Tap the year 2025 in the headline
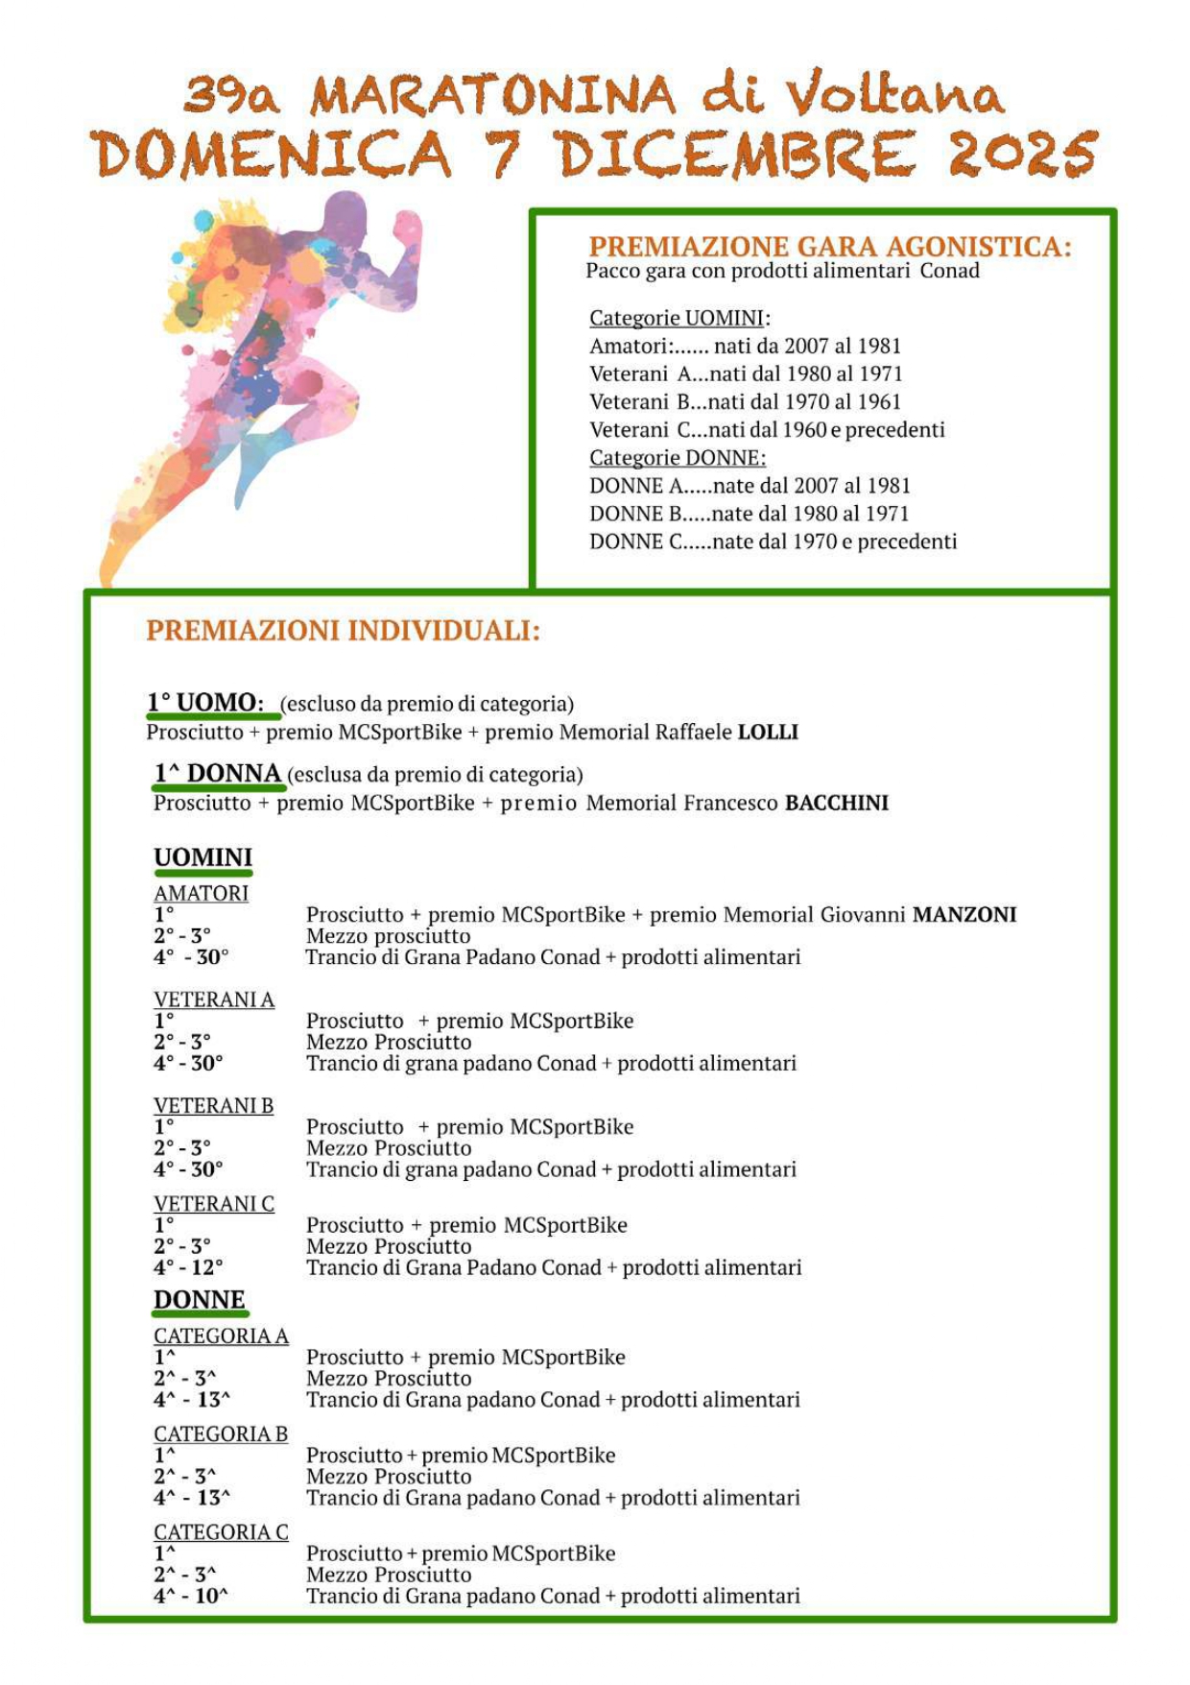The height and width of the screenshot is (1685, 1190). [1021, 154]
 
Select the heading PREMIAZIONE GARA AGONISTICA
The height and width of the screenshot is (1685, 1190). [830, 247]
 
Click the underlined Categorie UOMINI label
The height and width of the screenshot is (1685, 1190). [678, 318]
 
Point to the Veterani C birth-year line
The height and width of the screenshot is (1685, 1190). [767, 429]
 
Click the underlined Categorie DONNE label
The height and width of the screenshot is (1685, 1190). [678, 457]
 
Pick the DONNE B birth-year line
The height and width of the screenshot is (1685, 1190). [749, 514]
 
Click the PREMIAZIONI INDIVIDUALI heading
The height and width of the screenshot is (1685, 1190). [343, 631]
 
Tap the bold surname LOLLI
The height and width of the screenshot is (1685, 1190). [768, 732]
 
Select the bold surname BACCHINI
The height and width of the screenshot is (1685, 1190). [837, 803]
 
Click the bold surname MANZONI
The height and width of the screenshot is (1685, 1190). [964, 914]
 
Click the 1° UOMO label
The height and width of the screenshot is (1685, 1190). [205, 703]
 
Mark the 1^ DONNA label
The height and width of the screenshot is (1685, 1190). [218, 774]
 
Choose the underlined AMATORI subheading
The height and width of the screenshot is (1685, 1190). [202, 893]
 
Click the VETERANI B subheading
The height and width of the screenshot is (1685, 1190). [214, 1105]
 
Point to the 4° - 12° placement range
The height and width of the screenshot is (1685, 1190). [188, 1267]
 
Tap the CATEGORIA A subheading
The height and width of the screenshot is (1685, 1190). [221, 1336]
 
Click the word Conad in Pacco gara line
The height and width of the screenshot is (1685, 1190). [949, 271]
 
